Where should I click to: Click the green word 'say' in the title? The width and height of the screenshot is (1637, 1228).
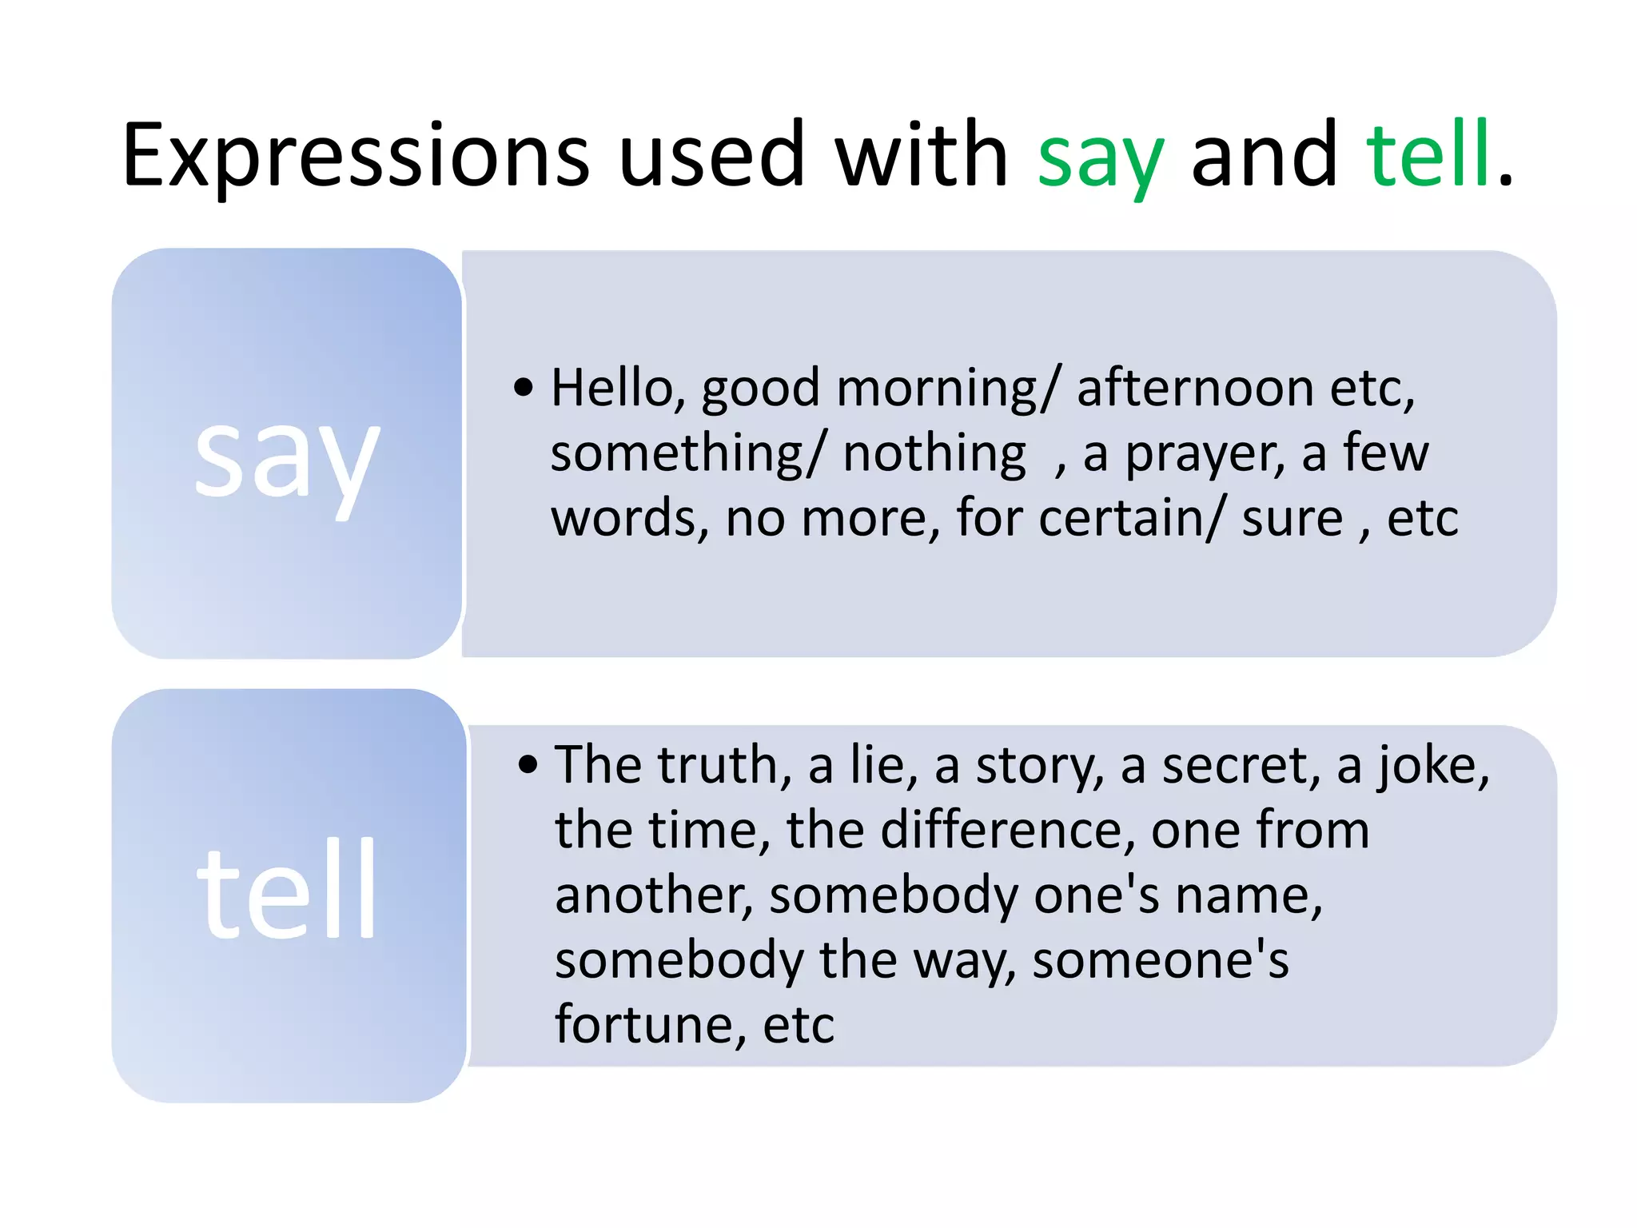point(1100,156)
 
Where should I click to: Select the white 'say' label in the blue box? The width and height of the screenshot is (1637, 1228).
point(286,460)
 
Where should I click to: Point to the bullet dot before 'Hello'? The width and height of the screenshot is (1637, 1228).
point(524,388)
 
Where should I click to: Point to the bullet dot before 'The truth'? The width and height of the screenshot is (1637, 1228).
point(528,765)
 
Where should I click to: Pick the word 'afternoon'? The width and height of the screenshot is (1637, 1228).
point(1195,389)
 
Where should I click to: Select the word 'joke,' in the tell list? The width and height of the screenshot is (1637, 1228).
point(1434,767)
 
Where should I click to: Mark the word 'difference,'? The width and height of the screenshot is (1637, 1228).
point(1008,830)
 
